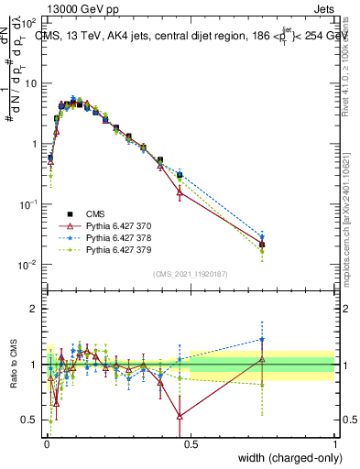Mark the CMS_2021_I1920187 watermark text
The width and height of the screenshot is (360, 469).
[x=190, y=273]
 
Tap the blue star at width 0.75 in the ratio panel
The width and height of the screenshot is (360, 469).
[x=262, y=339]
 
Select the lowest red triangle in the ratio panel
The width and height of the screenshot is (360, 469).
[x=180, y=416]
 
